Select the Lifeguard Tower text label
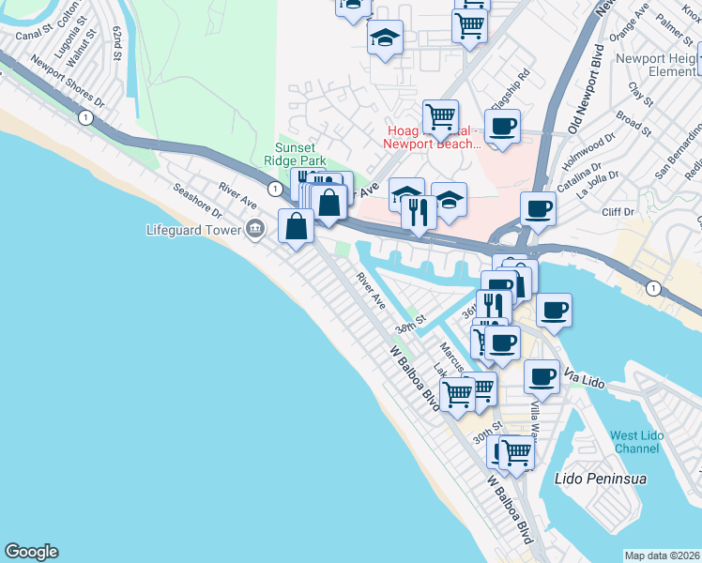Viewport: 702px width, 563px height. (x=194, y=229)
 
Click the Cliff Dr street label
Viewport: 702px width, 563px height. (x=618, y=212)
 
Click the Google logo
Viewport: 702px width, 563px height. (x=31, y=552)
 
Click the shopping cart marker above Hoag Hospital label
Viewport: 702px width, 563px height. (x=440, y=116)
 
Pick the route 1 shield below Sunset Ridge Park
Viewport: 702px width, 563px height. (x=274, y=189)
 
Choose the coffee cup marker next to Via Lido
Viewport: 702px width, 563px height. (x=542, y=375)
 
